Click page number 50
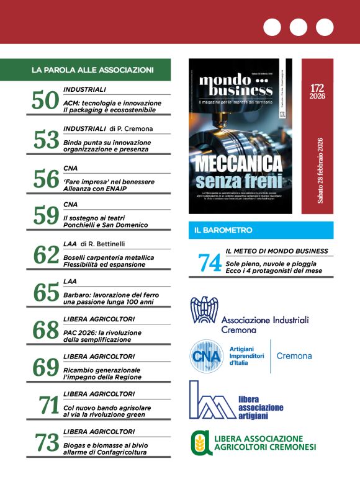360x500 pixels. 45,101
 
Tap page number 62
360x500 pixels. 45,255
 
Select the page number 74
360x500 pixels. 210,263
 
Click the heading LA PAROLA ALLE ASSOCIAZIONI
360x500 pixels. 92,70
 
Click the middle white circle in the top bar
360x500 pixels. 298,27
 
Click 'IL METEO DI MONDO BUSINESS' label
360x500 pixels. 276,251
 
